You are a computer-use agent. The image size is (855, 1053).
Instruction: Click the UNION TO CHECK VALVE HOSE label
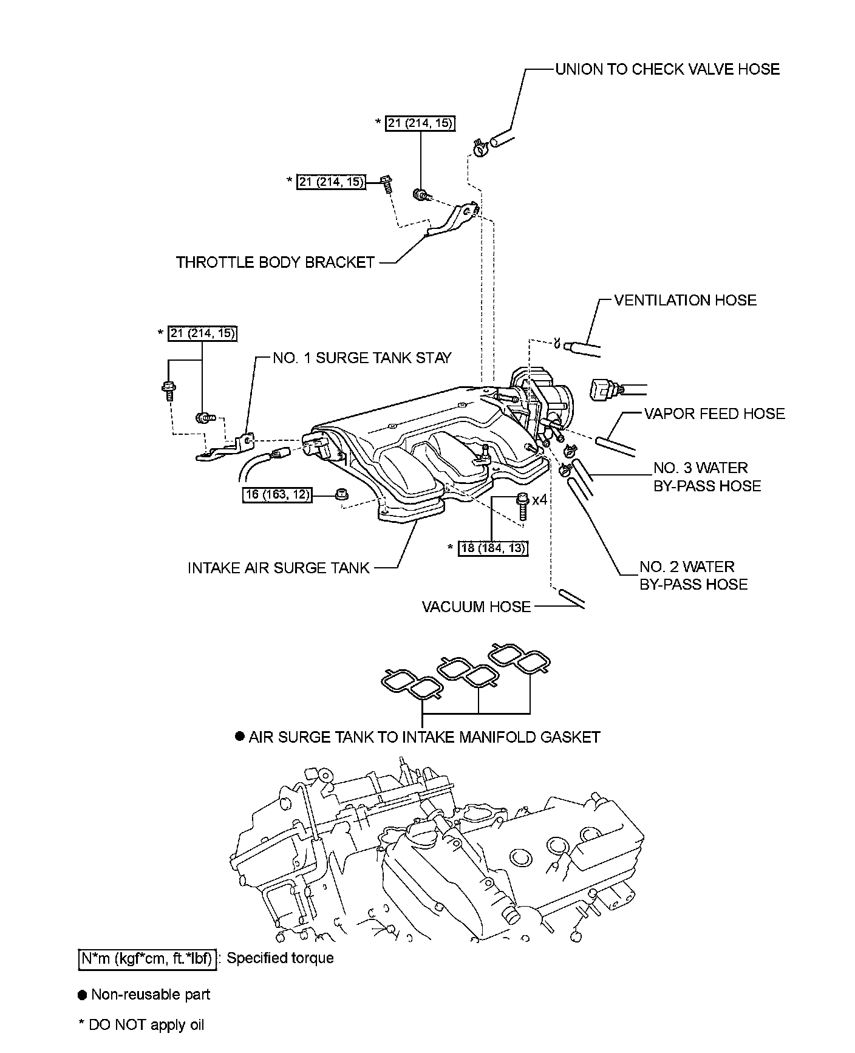coord(667,69)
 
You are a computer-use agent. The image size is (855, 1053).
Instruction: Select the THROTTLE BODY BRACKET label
coord(275,262)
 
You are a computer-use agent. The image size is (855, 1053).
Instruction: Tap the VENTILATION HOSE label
coord(685,300)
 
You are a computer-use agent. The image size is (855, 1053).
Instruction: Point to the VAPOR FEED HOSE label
coord(714,414)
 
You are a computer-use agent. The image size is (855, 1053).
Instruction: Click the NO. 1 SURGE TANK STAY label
coord(362,358)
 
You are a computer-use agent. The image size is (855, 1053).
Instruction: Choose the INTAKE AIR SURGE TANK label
coord(278,568)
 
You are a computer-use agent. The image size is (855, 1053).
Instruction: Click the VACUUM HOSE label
coord(476,607)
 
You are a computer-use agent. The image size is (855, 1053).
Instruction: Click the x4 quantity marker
coord(540,500)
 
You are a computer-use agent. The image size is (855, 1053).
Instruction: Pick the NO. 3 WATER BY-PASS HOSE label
coord(707,477)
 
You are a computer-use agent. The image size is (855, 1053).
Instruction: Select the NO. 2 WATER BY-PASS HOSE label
coord(693,575)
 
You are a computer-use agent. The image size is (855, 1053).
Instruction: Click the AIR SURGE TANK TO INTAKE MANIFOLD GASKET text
coord(424,737)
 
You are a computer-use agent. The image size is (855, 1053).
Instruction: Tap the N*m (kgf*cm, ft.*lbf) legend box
coord(148,958)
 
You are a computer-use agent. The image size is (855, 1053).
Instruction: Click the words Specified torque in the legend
coord(280,958)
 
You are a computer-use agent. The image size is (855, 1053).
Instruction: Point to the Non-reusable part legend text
coord(150,995)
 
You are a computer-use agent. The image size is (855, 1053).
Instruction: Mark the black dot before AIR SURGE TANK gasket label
coord(240,737)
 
